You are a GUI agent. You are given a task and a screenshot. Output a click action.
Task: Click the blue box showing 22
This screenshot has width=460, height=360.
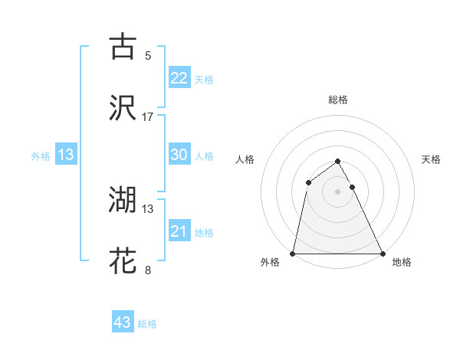(x=179, y=78)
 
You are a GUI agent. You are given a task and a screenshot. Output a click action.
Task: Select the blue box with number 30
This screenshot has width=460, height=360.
(x=179, y=155)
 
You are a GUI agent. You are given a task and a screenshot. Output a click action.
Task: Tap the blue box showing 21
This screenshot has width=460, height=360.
(x=179, y=231)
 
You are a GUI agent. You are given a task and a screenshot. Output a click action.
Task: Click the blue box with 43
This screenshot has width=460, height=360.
(x=123, y=322)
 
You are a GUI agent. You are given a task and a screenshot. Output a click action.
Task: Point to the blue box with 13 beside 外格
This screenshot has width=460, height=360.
(x=66, y=155)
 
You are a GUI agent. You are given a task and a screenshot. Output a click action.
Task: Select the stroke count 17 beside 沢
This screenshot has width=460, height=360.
(x=148, y=117)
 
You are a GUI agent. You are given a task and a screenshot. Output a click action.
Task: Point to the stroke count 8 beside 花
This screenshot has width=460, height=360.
(x=148, y=270)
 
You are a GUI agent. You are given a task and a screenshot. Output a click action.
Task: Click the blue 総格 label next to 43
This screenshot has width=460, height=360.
(x=147, y=324)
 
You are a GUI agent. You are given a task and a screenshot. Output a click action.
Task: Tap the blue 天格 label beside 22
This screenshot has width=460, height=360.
(x=204, y=80)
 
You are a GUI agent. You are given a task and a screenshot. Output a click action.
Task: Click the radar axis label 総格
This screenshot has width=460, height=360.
(x=337, y=100)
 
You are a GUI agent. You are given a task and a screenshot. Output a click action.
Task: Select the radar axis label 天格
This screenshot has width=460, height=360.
(x=431, y=159)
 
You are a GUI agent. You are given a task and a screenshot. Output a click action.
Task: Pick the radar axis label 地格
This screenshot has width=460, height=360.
(x=402, y=262)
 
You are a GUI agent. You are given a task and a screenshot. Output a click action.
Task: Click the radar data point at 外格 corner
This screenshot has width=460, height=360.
(x=293, y=254)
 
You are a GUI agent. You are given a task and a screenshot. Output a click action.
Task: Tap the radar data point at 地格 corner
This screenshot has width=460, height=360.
(x=383, y=254)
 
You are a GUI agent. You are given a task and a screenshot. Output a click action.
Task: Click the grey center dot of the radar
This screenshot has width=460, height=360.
(x=337, y=191)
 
